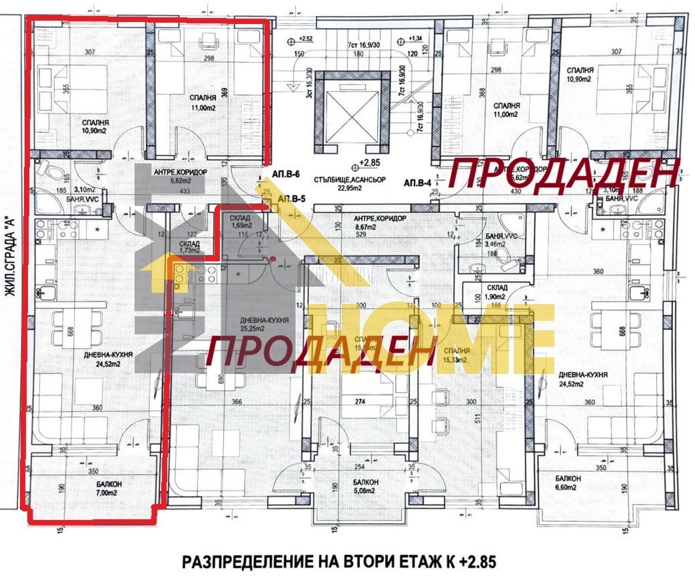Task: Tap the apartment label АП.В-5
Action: tap(292, 199)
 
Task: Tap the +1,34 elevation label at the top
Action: tap(416, 38)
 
